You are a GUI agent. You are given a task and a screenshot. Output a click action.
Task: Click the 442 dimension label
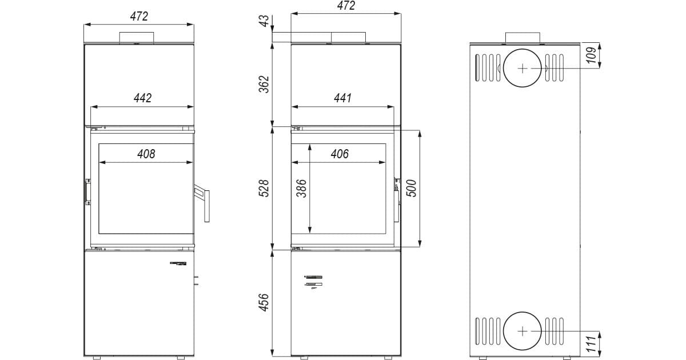pos(143,98)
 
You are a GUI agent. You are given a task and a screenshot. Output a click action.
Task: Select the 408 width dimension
pos(146,154)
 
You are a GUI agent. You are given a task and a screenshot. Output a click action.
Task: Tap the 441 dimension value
pos(342,98)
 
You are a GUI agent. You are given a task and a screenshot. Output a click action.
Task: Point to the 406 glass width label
pos(340,154)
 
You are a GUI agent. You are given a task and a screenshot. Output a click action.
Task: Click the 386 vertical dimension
pos(301,189)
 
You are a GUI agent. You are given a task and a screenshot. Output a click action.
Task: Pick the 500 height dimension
pos(411,188)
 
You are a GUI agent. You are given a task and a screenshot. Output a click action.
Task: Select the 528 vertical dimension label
pos(264,188)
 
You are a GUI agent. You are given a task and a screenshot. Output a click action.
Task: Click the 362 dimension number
pos(264,84)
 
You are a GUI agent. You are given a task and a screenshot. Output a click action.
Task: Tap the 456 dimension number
pos(264,302)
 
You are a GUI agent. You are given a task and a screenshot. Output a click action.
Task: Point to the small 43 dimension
pos(264,21)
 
